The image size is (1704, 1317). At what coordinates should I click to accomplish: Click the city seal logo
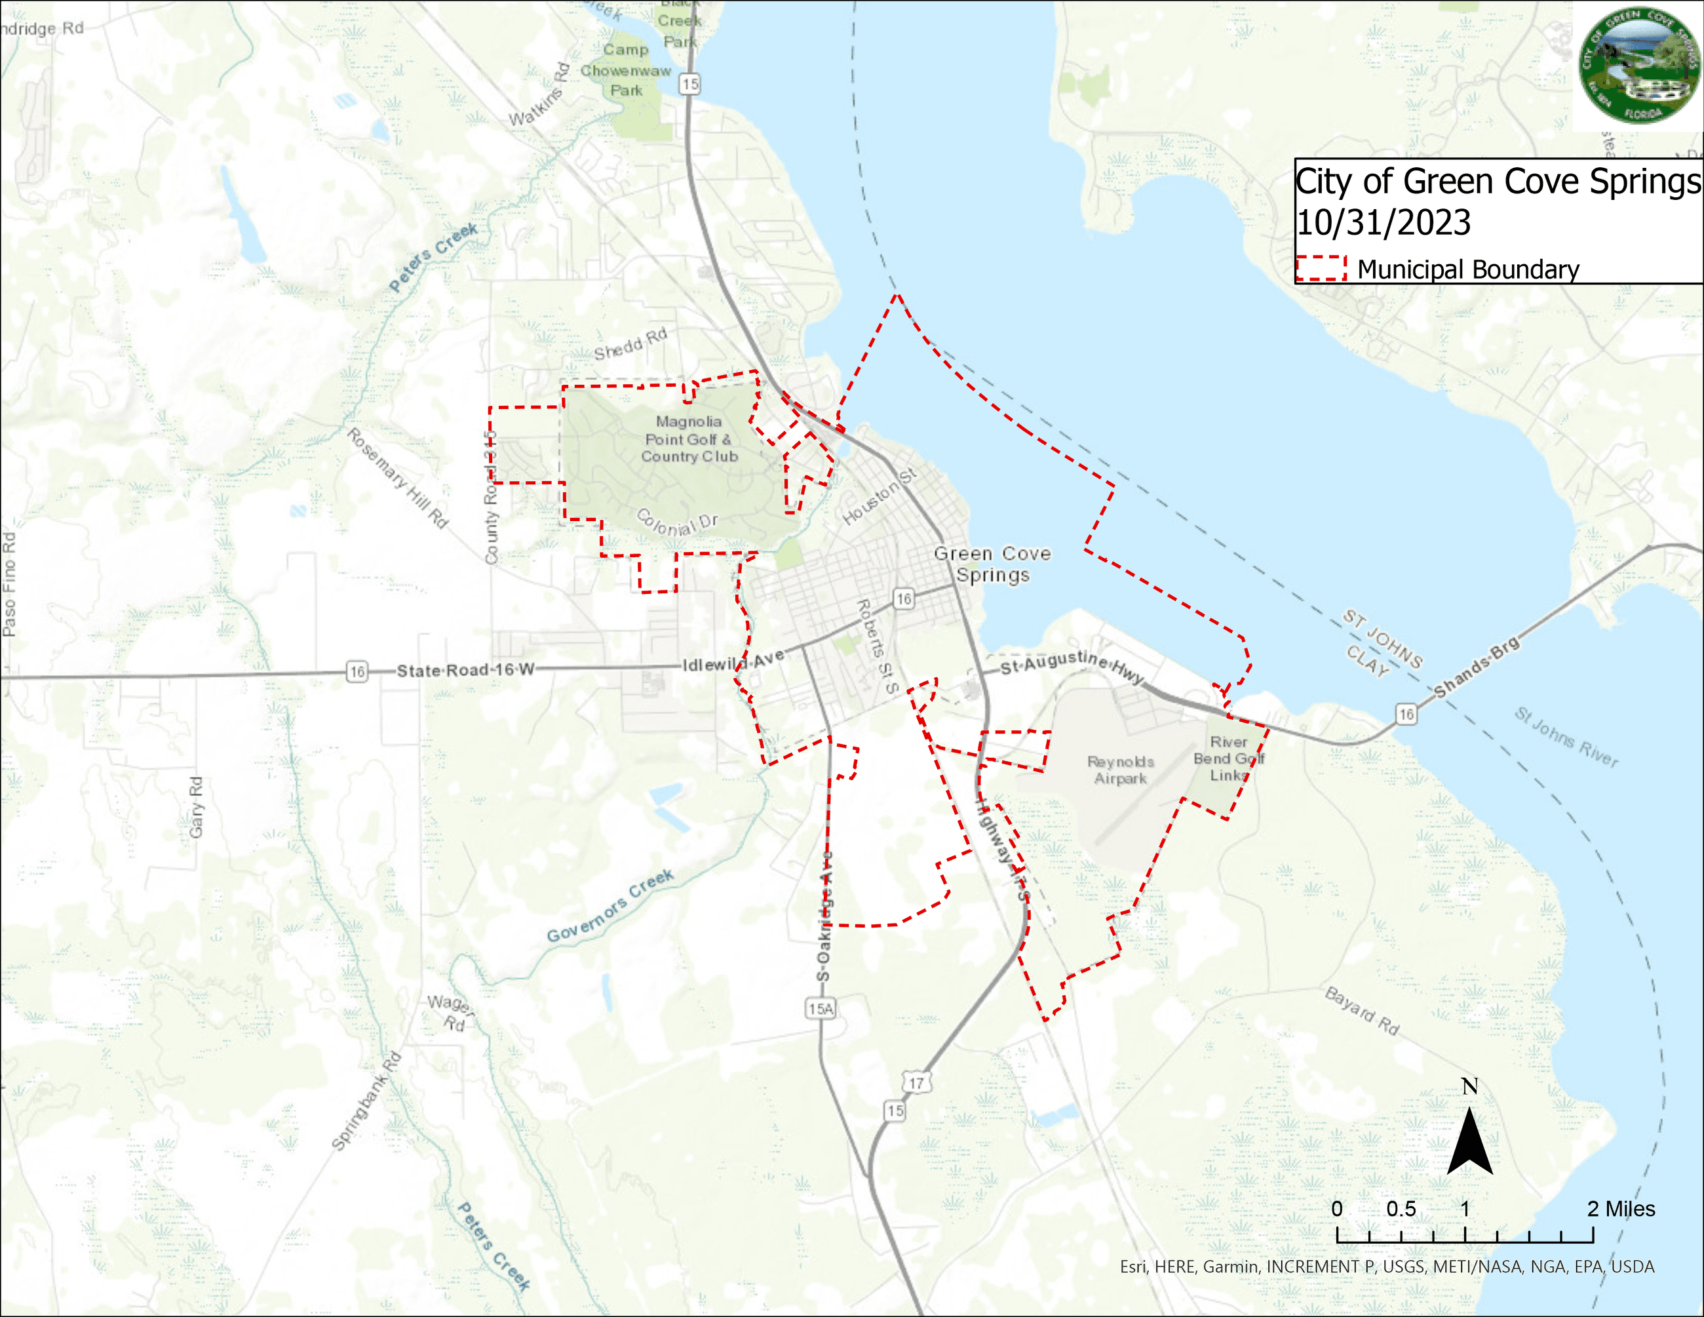point(1639,66)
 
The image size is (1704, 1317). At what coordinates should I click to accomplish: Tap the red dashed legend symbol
point(1321,268)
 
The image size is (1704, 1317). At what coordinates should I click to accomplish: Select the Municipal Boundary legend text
point(1467,269)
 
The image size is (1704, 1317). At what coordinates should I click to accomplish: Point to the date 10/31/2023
point(1384,222)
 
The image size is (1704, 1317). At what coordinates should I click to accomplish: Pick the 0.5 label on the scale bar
point(1401,1209)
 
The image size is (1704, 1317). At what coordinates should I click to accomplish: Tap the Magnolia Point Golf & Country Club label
point(689,439)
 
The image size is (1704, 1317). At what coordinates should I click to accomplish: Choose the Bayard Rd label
point(1361,1010)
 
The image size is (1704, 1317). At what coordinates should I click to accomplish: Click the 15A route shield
point(821,1009)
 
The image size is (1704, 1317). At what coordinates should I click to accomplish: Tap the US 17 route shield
point(916,1083)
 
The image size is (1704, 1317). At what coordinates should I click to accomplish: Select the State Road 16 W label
point(465,670)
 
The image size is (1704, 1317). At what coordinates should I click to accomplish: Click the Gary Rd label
point(196,807)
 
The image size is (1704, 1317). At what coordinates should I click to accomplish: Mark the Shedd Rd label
point(630,344)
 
